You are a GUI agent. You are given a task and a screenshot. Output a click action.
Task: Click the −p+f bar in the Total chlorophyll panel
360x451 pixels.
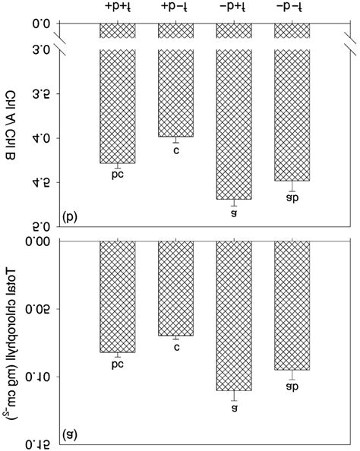[x=235, y=316]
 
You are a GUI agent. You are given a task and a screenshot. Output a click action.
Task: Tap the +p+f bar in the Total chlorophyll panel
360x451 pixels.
[x=118, y=297]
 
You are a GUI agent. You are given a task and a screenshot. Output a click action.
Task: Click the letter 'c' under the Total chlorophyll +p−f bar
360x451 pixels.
[x=176, y=348]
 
